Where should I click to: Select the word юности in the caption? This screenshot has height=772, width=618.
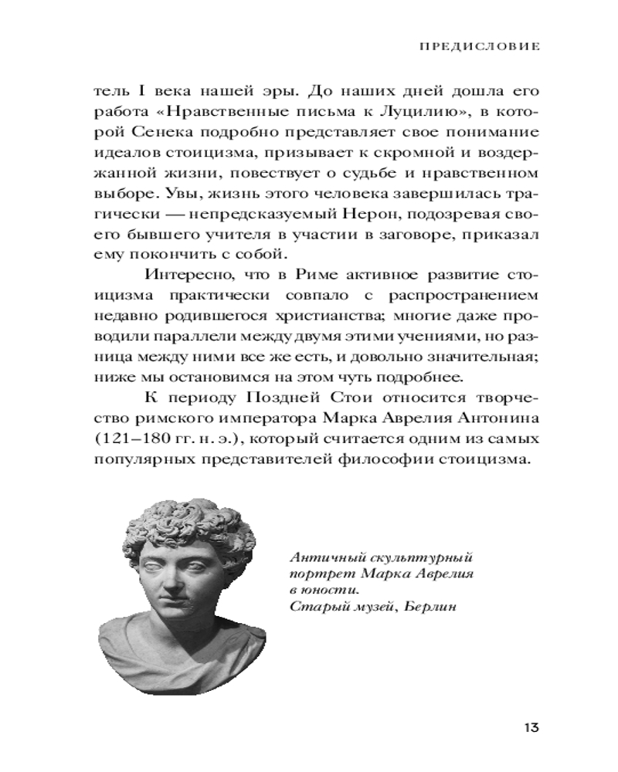coord(326,589)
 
